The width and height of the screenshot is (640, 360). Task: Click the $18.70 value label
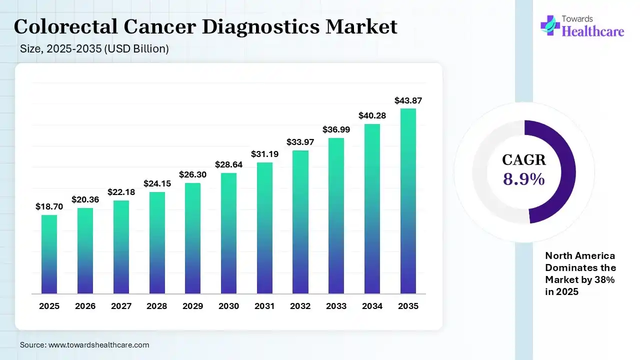(49, 206)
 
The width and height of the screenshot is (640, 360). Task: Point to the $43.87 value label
(408, 100)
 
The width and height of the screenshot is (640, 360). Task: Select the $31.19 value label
(264, 154)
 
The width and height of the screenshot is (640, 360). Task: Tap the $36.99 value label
(336, 129)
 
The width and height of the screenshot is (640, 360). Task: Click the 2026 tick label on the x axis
(85, 306)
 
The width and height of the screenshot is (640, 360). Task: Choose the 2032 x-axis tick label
(300, 306)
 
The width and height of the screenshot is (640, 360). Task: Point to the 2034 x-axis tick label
(372, 306)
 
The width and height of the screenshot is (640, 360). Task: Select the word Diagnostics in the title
(260, 27)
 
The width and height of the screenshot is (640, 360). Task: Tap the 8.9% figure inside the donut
(523, 179)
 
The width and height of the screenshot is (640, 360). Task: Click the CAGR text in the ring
(523, 160)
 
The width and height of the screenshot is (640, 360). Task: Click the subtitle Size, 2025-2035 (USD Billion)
(94, 49)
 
